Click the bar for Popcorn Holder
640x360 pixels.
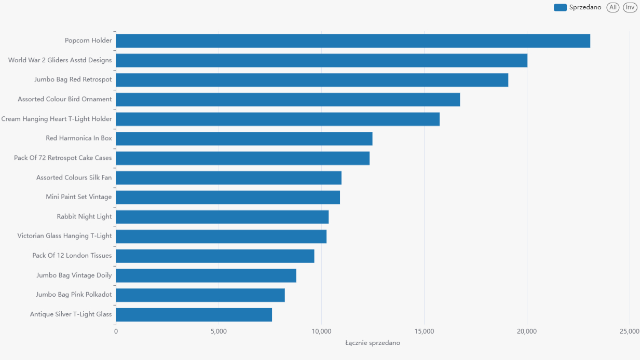(353, 41)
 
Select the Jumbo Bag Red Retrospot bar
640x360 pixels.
(312, 80)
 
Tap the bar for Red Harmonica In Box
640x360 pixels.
(244, 139)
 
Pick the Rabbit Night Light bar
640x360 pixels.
(222, 217)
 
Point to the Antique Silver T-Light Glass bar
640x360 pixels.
(194, 314)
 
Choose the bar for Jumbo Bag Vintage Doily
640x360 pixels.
(206, 275)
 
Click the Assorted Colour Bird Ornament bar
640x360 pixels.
(288, 100)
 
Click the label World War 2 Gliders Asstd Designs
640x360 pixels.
(60, 60)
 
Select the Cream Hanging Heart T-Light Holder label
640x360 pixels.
(57, 119)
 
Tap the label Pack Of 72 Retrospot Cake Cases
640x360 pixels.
(63, 158)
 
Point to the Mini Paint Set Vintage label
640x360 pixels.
(79, 197)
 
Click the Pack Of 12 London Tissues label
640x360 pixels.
(72, 256)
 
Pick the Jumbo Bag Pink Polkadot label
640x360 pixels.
(74, 295)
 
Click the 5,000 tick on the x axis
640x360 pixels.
(219, 331)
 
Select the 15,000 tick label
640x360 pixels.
(425, 331)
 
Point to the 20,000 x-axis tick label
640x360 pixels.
(527, 331)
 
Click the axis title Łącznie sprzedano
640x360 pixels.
(373, 343)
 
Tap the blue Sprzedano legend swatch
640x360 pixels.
(560, 7)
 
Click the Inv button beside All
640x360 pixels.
(630, 7)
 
